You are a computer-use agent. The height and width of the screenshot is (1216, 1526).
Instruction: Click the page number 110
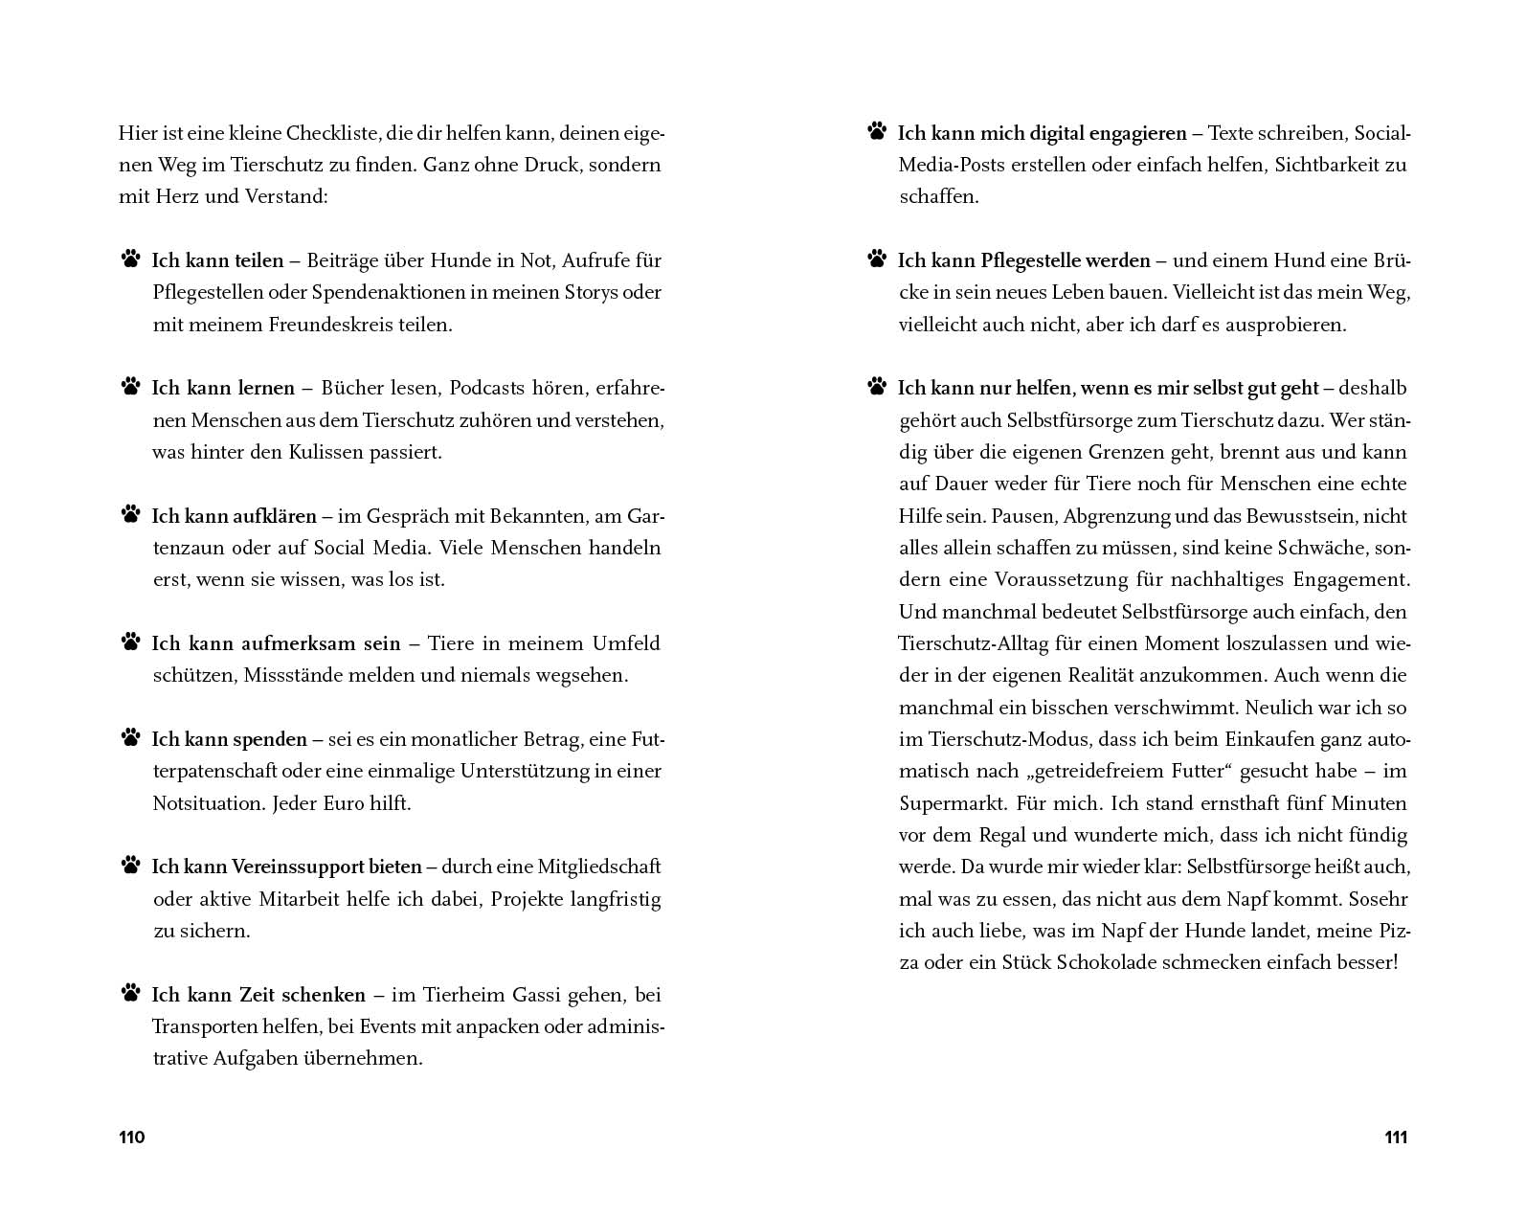[131, 1137]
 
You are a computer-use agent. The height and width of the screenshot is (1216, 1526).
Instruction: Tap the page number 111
[1396, 1137]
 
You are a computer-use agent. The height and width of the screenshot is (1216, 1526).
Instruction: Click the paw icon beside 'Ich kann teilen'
[130, 259]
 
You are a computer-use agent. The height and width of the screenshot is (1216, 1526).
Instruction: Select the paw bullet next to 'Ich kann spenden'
[130, 737]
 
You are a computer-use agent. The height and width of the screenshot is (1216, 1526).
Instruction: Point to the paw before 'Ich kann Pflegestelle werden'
[876, 259]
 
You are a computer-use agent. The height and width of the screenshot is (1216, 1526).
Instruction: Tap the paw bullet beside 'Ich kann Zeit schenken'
[130, 993]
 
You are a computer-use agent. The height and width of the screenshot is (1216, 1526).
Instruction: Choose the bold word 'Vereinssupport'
[326, 867]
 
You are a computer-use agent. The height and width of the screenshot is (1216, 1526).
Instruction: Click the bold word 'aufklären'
[275, 516]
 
